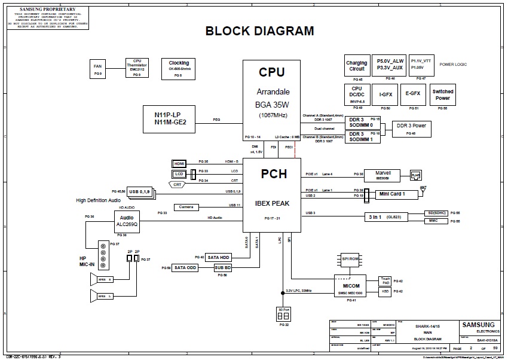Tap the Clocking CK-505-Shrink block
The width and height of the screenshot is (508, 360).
point(179,66)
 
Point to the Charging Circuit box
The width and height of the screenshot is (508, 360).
point(357,66)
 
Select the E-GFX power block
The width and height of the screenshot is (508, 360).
point(413,94)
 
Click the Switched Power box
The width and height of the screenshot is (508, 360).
point(443,94)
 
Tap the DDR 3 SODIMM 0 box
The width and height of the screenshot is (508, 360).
point(362,122)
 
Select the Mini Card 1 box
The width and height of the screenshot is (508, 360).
point(391,194)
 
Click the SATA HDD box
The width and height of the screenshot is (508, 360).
point(219,257)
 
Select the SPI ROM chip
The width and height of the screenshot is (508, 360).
point(351,259)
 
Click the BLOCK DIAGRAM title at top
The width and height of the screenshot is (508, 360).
point(259,32)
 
